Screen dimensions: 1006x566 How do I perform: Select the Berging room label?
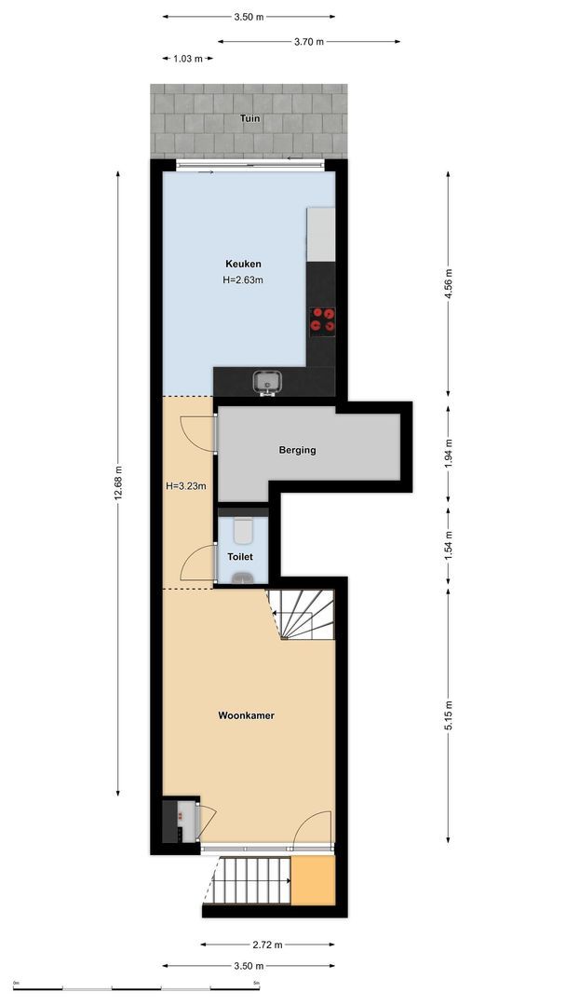coord(298,450)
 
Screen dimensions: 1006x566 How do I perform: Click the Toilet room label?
coord(240,556)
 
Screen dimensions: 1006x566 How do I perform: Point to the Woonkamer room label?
coord(246,715)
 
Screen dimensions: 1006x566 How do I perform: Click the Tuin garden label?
coord(249,119)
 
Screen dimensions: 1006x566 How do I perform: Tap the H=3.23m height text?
coord(185,485)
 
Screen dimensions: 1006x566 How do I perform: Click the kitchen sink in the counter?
coord(268,381)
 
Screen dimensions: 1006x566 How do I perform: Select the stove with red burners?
coord(323,319)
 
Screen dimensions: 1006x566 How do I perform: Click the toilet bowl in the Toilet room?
coord(243,529)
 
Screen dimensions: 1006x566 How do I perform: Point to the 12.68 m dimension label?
coord(118,483)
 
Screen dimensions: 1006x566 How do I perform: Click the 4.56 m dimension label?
coord(448,282)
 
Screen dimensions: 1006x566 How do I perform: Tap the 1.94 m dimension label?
coord(448,450)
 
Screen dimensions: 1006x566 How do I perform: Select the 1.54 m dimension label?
coord(448,542)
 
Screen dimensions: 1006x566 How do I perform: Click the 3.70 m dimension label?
coord(308,41)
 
